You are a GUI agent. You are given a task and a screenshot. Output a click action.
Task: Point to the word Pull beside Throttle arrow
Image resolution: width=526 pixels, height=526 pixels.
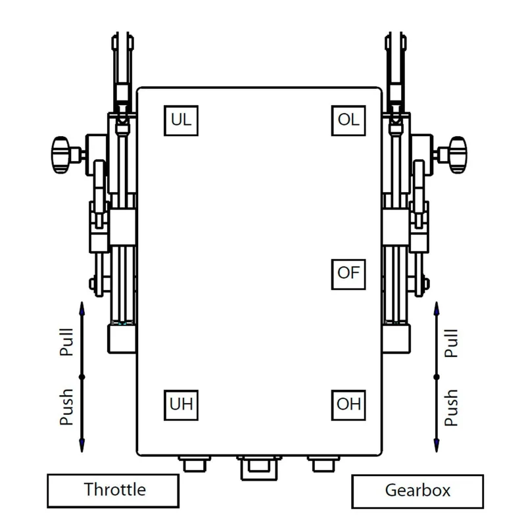click(x=66, y=342)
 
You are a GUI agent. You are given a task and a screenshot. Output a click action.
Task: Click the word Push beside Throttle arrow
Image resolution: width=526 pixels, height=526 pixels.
click(x=66, y=407)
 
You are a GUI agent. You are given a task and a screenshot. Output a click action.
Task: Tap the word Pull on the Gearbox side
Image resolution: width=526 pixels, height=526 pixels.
click(x=451, y=343)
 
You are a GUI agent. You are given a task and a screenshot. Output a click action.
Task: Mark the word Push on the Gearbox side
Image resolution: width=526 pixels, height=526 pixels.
click(x=451, y=408)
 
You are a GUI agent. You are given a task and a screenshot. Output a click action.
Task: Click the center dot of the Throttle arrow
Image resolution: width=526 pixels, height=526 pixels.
click(x=82, y=377)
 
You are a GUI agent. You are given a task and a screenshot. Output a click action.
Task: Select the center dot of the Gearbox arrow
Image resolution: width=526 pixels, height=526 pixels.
click(x=437, y=377)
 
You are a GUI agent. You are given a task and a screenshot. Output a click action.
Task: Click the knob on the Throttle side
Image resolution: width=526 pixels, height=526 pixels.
click(x=60, y=155)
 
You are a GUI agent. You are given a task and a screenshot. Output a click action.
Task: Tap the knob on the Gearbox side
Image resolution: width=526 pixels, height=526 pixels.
click(x=458, y=155)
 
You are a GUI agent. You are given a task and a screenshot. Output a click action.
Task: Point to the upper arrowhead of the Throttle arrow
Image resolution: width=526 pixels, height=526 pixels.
click(x=82, y=308)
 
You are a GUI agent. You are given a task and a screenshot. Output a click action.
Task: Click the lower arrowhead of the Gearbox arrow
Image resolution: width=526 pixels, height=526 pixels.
click(x=437, y=446)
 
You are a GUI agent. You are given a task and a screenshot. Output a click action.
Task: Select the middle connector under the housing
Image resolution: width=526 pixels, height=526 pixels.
click(x=259, y=467)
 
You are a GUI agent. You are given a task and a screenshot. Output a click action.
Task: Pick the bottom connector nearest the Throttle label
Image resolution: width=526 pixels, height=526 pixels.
click(x=195, y=464)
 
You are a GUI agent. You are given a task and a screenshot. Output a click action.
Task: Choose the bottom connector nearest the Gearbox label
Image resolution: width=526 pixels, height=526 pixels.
click(x=323, y=464)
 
